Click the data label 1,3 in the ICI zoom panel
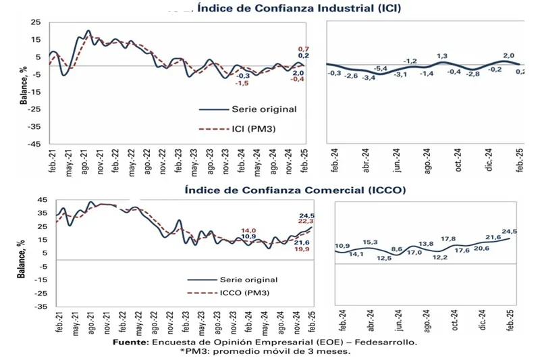click(x=443, y=56)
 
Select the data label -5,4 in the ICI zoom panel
click(x=381, y=69)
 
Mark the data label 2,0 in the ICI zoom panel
click(x=508, y=55)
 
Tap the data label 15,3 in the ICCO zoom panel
click(x=370, y=242)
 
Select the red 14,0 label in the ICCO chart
click(x=249, y=230)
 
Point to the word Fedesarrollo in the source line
click(x=384, y=342)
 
